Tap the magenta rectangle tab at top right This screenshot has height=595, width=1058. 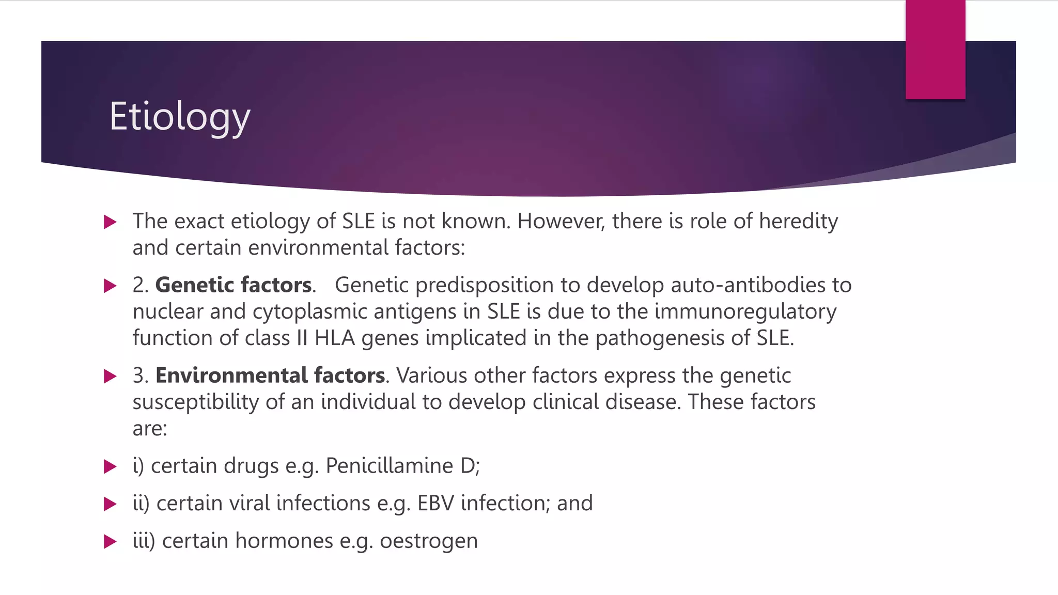pyautogui.click(x=935, y=50)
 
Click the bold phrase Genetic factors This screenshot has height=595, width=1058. pyautogui.click(x=234, y=285)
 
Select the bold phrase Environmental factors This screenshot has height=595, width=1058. pyautogui.click(x=270, y=375)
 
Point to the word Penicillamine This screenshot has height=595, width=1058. pyautogui.click(x=390, y=466)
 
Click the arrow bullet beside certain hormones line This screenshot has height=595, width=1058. pyautogui.click(x=110, y=542)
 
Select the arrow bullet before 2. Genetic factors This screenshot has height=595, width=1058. pyautogui.click(x=110, y=286)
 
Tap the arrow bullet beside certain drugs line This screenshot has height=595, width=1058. pyautogui.click(x=110, y=466)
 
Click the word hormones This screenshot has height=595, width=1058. pyautogui.click(x=284, y=541)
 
